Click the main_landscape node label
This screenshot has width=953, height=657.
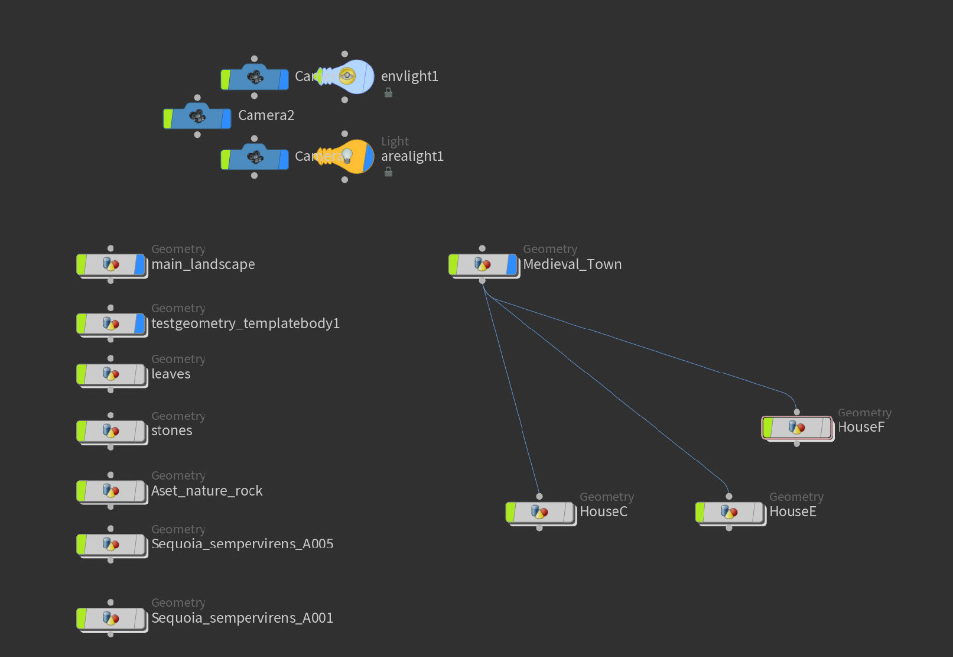(203, 264)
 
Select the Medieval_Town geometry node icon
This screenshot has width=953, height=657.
(482, 264)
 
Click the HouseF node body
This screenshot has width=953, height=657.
(796, 427)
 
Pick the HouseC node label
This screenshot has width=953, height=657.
(603, 512)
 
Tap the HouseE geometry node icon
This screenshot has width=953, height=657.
(729, 512)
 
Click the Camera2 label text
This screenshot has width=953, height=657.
(266, 115)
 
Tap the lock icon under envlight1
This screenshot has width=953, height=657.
(388, 93)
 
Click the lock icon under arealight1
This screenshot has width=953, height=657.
(388, 172)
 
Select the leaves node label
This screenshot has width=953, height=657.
(171, 374)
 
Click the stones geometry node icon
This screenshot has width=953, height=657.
(110, 431)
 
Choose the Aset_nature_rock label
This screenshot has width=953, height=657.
(207, 491)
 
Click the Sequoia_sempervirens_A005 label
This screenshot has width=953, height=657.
(242, 544)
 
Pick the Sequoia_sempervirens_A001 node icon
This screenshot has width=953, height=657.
(110, 618)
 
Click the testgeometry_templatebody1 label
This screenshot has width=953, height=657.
(245, 323)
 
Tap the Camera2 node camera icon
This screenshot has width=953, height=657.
(197, 115)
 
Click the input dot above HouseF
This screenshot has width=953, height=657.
(796, 412)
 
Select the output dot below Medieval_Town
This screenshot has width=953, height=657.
(482, 281)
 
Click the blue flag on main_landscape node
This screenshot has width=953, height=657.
(139, 264)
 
